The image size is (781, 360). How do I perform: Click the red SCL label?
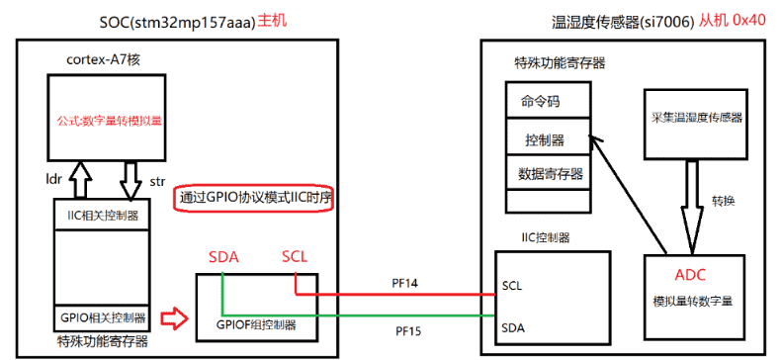[x=296, y=257]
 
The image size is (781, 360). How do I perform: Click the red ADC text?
[x=690, y=275]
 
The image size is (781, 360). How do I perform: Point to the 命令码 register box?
[x=547, y=101]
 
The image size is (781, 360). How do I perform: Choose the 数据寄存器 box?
[x=547, y=173]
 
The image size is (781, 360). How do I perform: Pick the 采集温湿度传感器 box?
[x=696, y=118]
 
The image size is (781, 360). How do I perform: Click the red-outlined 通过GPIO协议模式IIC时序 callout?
[x=255, y=198]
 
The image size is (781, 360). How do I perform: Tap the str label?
[x=157, y=181]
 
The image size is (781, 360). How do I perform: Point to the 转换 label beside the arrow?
[x=725, y=201]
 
